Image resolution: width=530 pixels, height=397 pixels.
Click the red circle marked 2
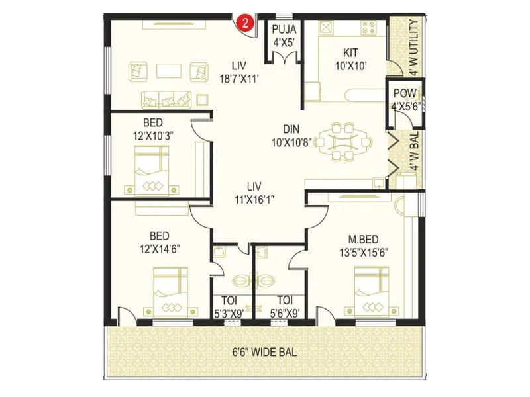click(246, 23)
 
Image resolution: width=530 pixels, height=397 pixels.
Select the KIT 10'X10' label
click(350, 58)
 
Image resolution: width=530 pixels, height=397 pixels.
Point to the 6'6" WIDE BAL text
click(264, 352)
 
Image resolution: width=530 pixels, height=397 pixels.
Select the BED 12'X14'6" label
click(159, 242)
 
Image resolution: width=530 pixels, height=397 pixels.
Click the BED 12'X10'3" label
click(159, 129)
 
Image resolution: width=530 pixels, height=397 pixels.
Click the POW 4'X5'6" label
click(405, 99)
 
